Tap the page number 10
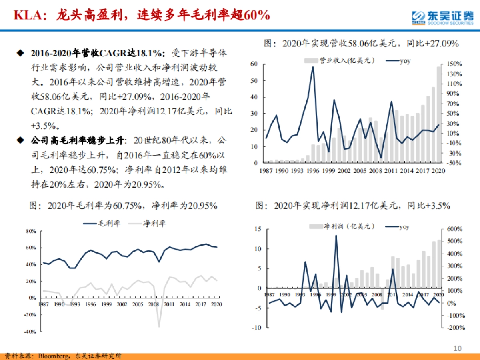458,348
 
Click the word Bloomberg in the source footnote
53,356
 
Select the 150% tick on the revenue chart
454,64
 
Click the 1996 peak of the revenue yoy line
313,67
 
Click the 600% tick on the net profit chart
454,229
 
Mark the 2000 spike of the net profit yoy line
336,236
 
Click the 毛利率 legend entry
104,223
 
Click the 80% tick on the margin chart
31,231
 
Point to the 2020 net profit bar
439,264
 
